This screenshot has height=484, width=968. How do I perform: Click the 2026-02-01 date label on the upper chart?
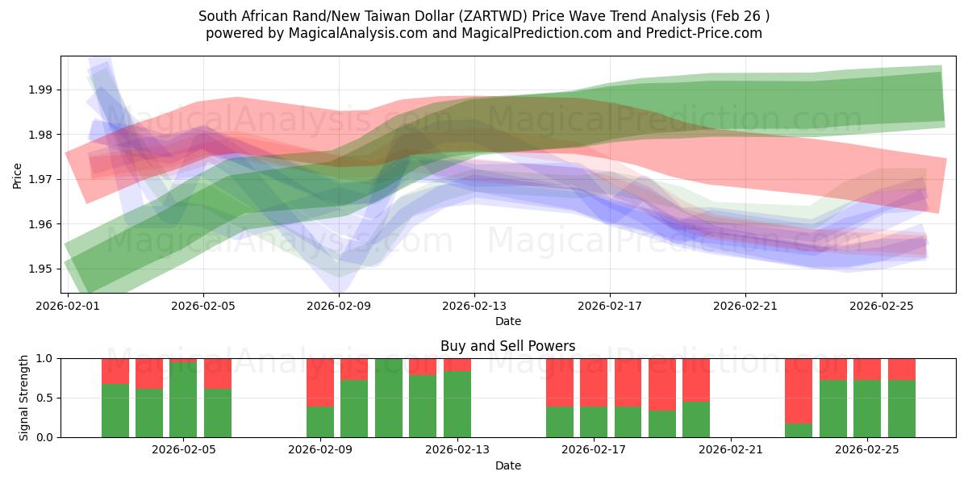[x=67, y=306]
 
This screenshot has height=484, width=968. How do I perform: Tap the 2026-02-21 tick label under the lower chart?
[x=731, y=449]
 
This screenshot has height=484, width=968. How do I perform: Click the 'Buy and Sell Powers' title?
[x=507, y=346]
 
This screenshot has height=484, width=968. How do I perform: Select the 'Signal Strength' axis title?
[x=24, y=397]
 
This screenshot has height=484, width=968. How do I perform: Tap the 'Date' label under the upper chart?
[x=507, y=321]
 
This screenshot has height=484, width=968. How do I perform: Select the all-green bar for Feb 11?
[x=388, y=398]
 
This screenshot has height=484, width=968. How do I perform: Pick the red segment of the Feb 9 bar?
[x=320, y=382]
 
